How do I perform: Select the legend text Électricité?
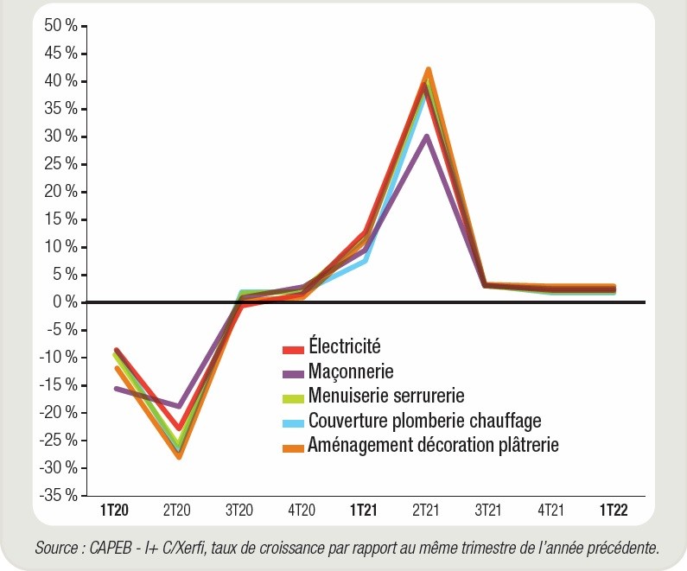tap(344, 347)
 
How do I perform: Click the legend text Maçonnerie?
tap(350, 371)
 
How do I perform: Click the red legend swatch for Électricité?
tap(292, 349)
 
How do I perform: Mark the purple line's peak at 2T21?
tap(425, 136)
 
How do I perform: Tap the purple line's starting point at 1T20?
tap(115, 389)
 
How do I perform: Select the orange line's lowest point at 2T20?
tap(180, 456)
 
